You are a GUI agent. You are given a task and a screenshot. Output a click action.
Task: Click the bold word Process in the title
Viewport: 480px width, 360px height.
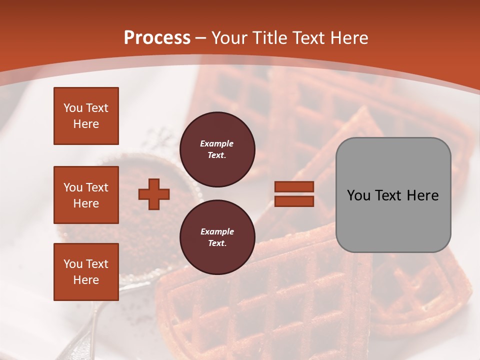(x=157, y=38)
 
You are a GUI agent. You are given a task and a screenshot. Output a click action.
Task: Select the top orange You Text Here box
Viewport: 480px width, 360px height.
(x=86, y=116)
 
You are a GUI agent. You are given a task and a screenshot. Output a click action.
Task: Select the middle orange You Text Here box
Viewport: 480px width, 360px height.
(x=86, y=195)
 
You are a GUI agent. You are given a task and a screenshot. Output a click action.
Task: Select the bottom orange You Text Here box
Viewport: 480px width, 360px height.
(x=86, y=272)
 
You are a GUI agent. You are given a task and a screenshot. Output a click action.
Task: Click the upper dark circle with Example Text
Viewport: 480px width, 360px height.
(x=217, y=149)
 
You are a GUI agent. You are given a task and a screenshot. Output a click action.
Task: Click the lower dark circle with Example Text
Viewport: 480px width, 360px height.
(x=217, y=237)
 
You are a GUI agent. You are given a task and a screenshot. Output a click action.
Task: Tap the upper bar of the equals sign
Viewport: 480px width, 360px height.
(x=294, y=187)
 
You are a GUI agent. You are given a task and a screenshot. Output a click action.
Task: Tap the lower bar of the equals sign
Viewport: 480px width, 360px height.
(x=294, y=201)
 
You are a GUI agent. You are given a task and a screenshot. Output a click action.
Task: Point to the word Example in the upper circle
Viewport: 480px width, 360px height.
(x=217, y=143)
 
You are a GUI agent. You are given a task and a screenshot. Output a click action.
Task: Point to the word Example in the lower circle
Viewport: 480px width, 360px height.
(x=217, y=231)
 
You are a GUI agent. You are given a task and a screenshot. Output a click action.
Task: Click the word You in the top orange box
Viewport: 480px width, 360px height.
(x=73, y=108)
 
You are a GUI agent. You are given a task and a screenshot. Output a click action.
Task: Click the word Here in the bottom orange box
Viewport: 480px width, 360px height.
(x=86, y=280)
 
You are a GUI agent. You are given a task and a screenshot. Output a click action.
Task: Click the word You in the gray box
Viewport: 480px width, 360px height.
(x=358, y=195)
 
